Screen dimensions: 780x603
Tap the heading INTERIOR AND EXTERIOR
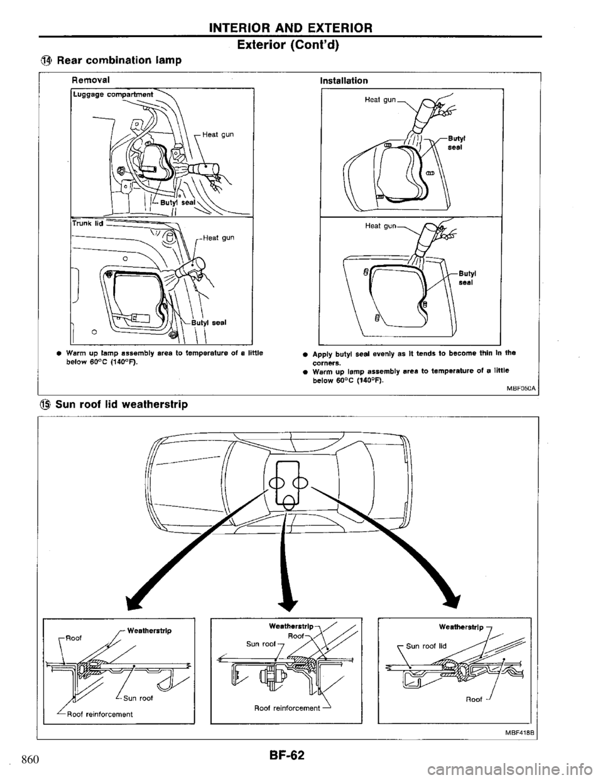point(301,27)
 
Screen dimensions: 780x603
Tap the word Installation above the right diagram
point(344,80)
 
